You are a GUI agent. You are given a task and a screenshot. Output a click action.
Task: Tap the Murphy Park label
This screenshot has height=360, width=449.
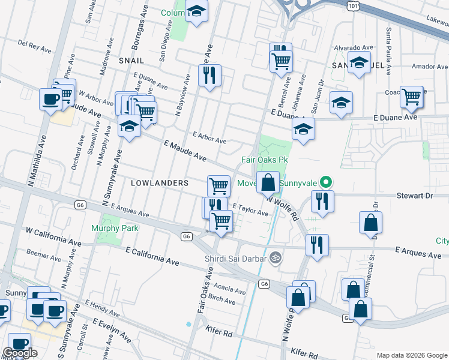click(x=115, y=228)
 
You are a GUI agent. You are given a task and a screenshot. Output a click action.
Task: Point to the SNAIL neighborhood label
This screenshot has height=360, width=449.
click(x=131, y=61)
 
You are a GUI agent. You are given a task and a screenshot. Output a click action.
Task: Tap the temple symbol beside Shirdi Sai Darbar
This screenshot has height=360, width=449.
click(x=276, y=257)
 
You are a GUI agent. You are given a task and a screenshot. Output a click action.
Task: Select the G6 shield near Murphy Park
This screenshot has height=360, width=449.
click(x=80, y=205)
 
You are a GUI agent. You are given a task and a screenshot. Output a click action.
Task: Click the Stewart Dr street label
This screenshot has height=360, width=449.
click(x=414, y=196)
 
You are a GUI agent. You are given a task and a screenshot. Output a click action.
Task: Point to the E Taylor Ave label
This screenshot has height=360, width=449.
click(x=250, y=209)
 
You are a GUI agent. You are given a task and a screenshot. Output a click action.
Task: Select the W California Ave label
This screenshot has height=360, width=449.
click(x=53, y=235)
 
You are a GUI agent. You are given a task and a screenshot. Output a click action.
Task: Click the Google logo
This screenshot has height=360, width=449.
click(x=20, y=353)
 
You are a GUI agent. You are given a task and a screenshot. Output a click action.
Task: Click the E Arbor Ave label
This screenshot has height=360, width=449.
click(x=209, y=138)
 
